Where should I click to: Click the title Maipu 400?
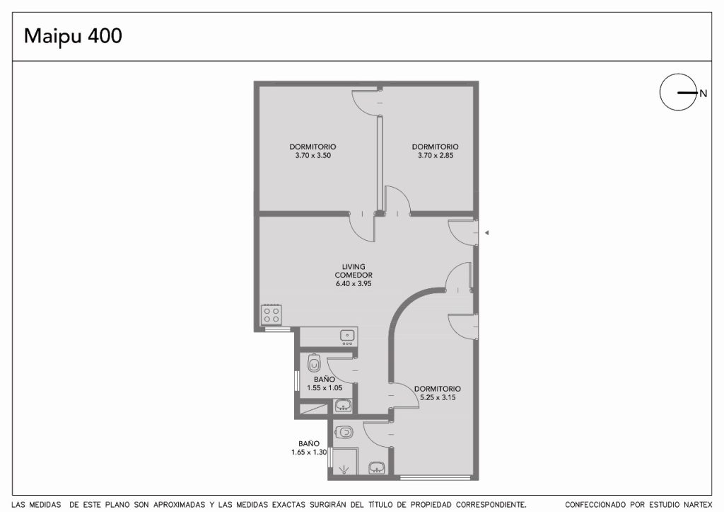click(x=73, y=36)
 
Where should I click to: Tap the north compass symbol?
click(x=678, y=92)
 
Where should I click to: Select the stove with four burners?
click(x=271, y=315)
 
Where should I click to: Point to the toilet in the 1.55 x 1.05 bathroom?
click(x=314, y=363)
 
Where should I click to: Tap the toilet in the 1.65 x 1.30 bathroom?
click(x=343, y=433)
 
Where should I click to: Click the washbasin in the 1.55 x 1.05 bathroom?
click(x=342, y=406)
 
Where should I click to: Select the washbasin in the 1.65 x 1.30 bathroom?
click(x=378, y=467)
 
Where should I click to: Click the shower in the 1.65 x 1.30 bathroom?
click(x=345, y=461)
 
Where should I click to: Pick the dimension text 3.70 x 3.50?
click(x=313, y=155)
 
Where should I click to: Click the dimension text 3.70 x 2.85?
click(x=436, y=155)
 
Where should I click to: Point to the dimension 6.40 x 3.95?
click(x=354, y=283)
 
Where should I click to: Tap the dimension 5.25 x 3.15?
click(x=438, y=397)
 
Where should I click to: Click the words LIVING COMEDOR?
click(x=354, y=271)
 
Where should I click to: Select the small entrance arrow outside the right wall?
click(x=486, y=233)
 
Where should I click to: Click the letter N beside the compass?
click(x=703, y=93)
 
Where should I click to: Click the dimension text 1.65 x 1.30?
click(x=309, y=453)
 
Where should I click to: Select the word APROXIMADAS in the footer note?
click(x=179, y=505)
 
